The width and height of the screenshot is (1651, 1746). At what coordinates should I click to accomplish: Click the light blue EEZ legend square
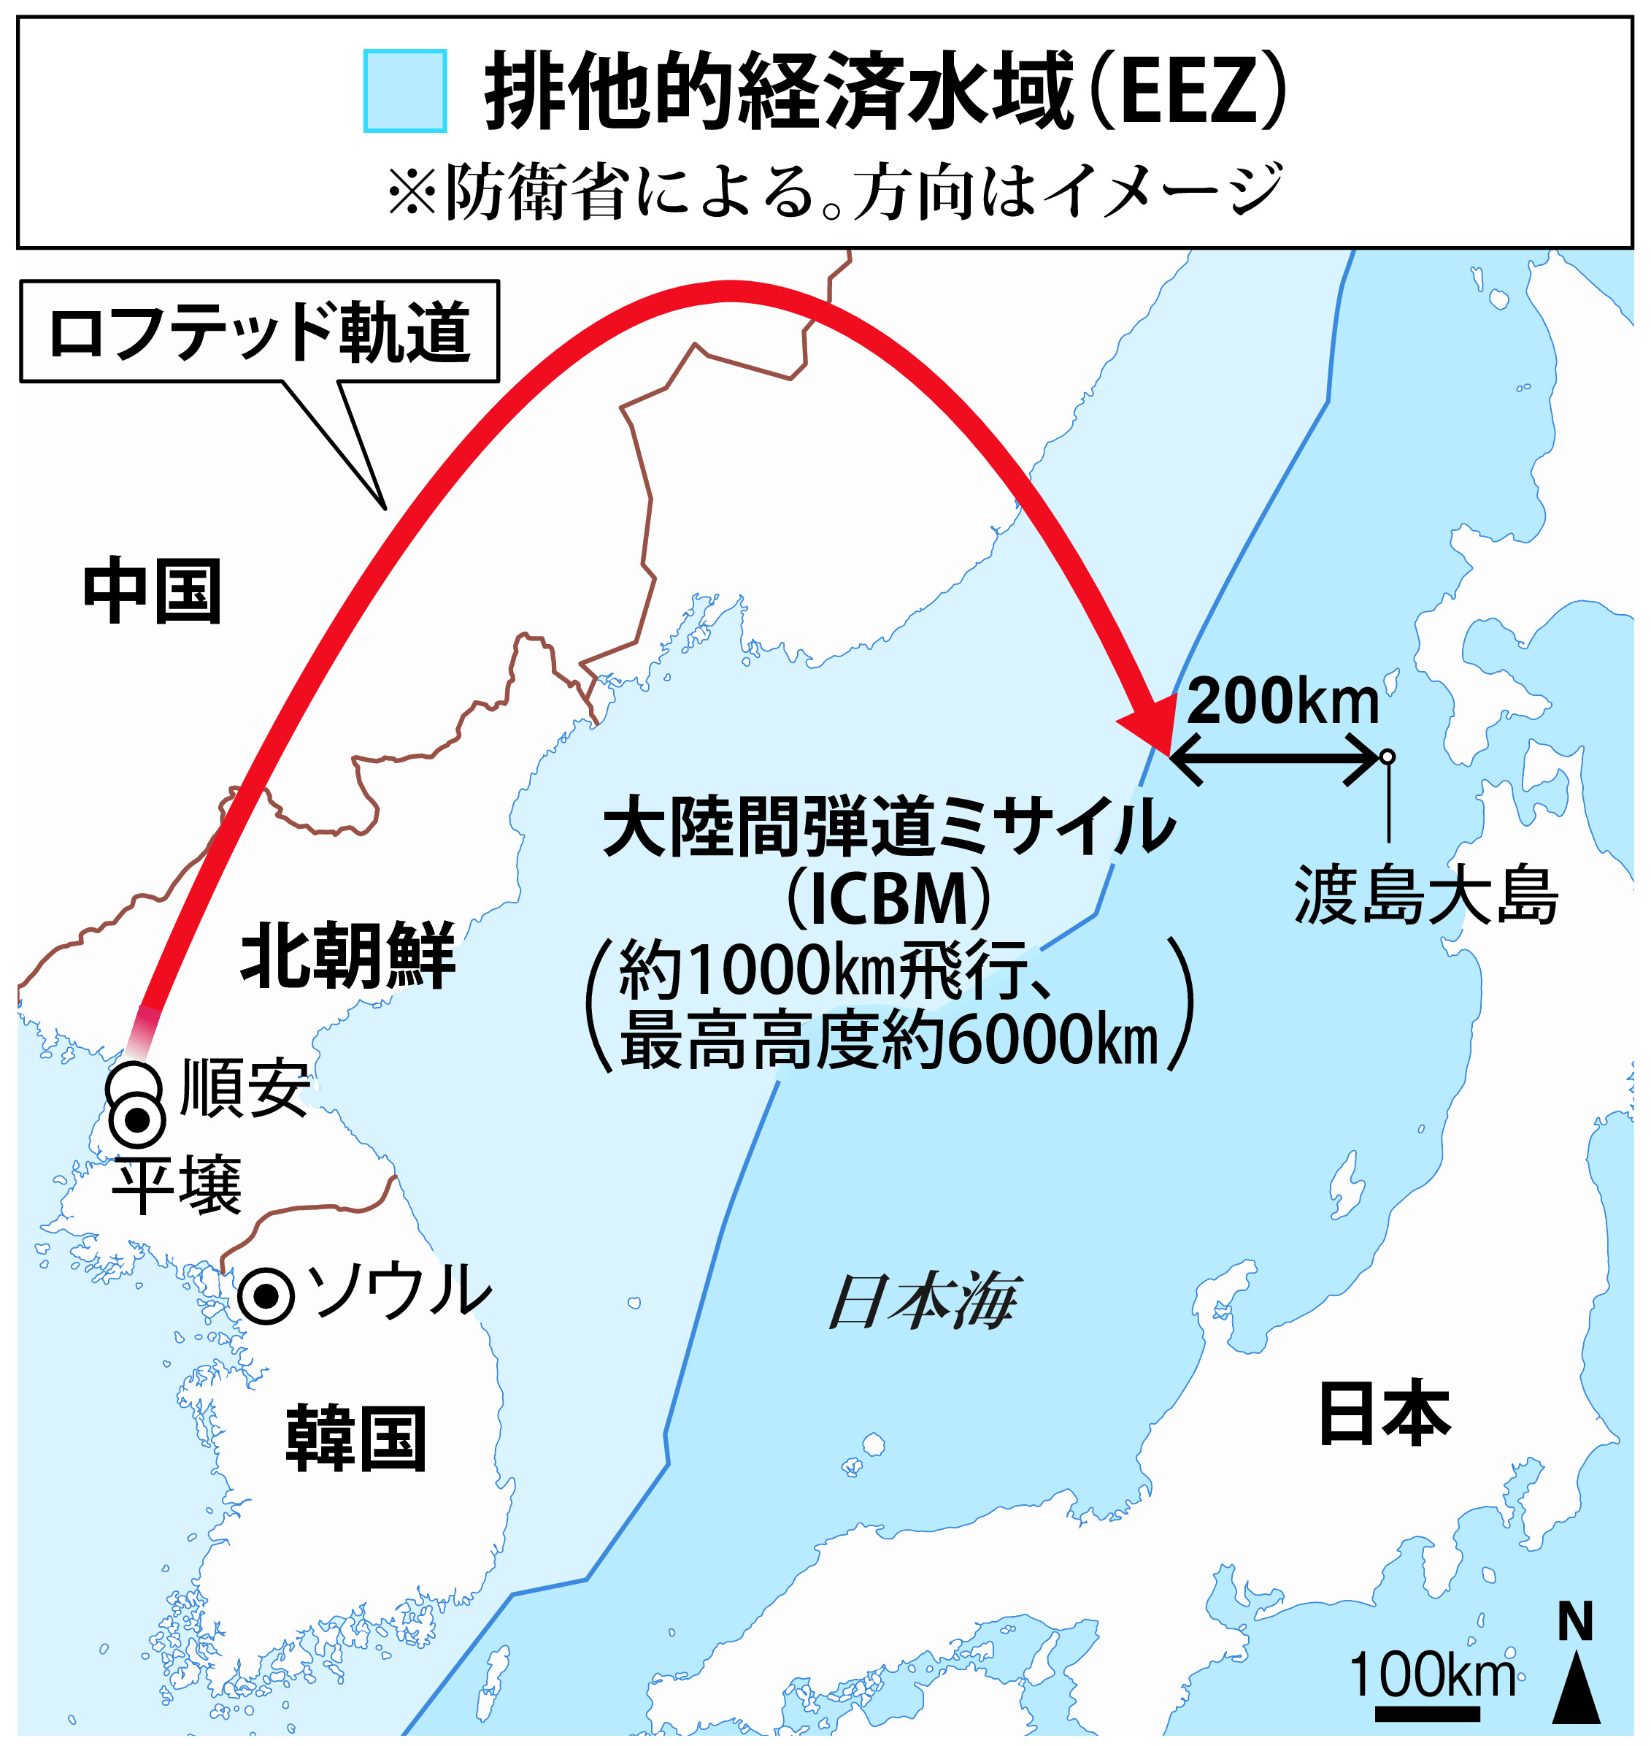(x=405, y=91)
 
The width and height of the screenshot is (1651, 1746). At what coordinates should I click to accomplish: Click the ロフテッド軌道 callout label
(x=260, y=333)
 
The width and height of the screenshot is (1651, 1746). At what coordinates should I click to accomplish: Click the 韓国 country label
(x=356, y=1439)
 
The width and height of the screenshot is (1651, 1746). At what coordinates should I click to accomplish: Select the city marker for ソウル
(x=266, y=1296)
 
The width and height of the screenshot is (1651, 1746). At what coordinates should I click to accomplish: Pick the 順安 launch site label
(x=245, y=1088)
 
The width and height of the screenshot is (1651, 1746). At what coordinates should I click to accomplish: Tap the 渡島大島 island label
(x=1425, y=896)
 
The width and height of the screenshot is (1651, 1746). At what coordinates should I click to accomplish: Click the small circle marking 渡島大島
(x=1388, y=757)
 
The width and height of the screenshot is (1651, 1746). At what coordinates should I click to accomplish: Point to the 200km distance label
(x=1282, y=702)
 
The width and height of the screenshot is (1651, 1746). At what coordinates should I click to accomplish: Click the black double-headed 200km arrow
(x=1274, y=757)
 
